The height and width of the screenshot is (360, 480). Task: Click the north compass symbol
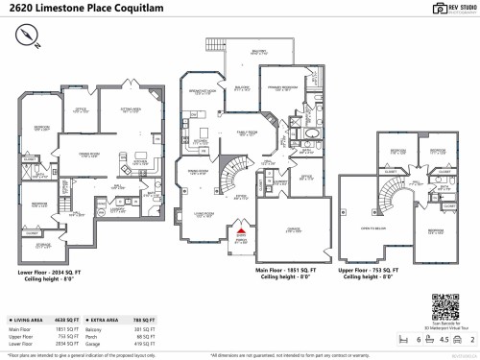pyautogui.click(x=26, y=36)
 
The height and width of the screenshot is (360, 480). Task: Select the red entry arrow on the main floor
pyautogui.click(x=241, y=230)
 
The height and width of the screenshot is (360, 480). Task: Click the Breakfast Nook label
pyautogui.click(x=201, y=92)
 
